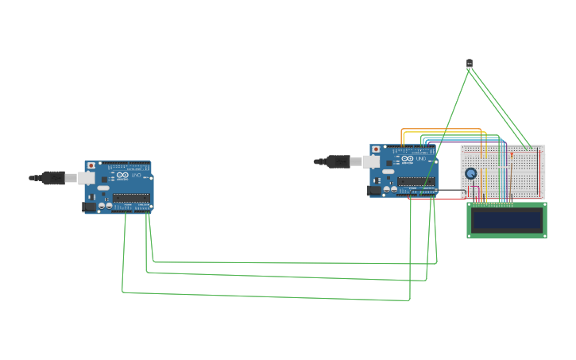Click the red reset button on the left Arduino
click(91, 165)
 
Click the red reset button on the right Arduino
click(376, 149)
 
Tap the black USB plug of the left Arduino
click(51, 178)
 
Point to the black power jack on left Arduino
click(88, 207)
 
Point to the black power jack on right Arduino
click(373, 191)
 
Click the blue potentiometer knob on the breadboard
click(470, 173)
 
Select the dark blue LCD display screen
click(506, 220)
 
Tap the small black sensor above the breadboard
click(469, 63)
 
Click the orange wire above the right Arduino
click(441, 129)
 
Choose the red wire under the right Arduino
click(437, 199)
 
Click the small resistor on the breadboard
click(512, 157)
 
